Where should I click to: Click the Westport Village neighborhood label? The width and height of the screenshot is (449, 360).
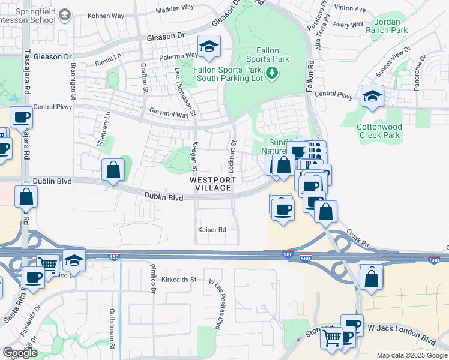pyautogui.click(x=211, y=184)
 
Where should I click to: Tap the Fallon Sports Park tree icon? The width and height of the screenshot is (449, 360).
pyautogui.click(x=273, y=73)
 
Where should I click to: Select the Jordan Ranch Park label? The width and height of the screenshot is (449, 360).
pyautogui.click(x=387, y=25)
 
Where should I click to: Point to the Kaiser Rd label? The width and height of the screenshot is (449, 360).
pyautogui.click(x=212, y=230)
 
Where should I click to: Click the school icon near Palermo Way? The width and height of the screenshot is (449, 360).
pyautogui.click(x=209, y=47)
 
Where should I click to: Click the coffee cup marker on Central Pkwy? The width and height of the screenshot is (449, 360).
pyautogui.click(x=22, y=117)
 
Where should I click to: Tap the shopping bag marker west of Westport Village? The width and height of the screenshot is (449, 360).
pyautogui.click(x=113, y=170)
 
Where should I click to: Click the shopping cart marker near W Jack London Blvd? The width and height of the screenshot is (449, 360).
pyautogui.click(x=331, y=337)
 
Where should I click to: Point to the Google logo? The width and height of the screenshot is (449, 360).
pyautogui.click(x=20, y=353)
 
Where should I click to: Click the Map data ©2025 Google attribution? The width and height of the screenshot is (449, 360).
pyautogui.click(x=411, y=355)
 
